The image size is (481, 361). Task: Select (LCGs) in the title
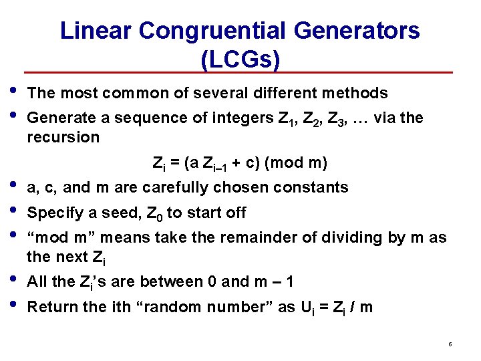click(240, 59)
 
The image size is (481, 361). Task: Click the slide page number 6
click(450, 344)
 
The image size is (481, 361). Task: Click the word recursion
click(63, 138)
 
